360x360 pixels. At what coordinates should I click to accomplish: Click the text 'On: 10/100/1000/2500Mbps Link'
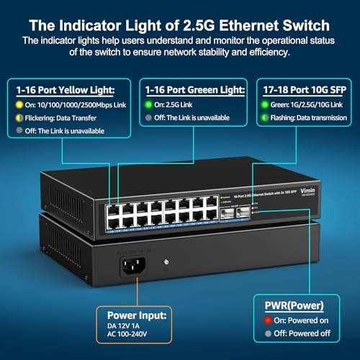click(x=75, y=107)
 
